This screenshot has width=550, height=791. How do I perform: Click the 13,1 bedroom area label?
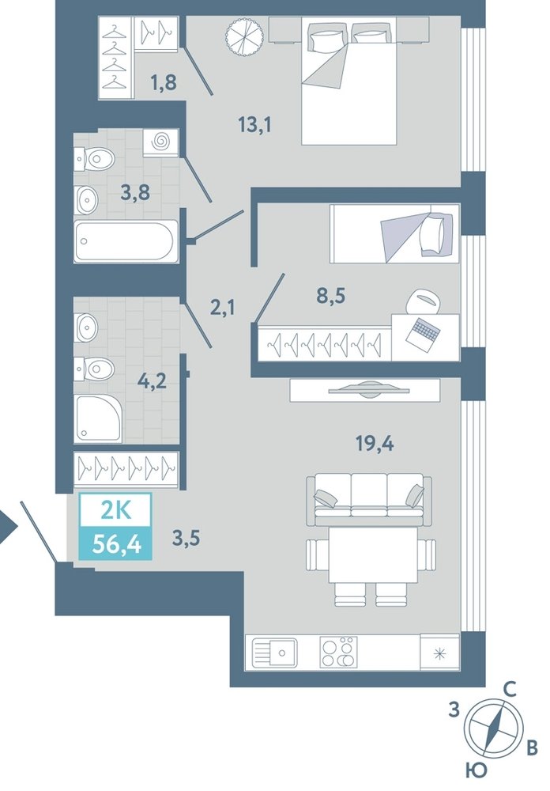pyautogui.click(x=255, y=123)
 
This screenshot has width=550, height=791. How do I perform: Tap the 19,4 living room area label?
pyautogui.click(x=374, y=444)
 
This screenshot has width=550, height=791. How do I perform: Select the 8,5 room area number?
pyautogui.click(x=330, y=296)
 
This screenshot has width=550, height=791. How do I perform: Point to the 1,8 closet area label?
pyautogui.click(x=164, y=81)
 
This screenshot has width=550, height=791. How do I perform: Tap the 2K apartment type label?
pyautogui.click(x=116, y=510)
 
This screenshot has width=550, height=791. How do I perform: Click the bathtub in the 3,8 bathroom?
pyautogui.click(x=126, y=240)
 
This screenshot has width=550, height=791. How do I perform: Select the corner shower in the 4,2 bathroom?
pyautogui.click(x=99, y=418)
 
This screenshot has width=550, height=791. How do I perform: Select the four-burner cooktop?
pyautogui.click(x=339, y=652)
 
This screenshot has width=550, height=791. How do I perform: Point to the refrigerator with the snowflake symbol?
pyautogui.click(x=440, y=653)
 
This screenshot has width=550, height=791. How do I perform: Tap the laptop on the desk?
pyautogui.click(x=425, y=331)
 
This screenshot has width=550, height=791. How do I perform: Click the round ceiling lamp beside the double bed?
pyautogui.click(x=244, y=36)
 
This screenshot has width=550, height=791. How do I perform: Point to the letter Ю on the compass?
pyautogui.click(x=476, y=770)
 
